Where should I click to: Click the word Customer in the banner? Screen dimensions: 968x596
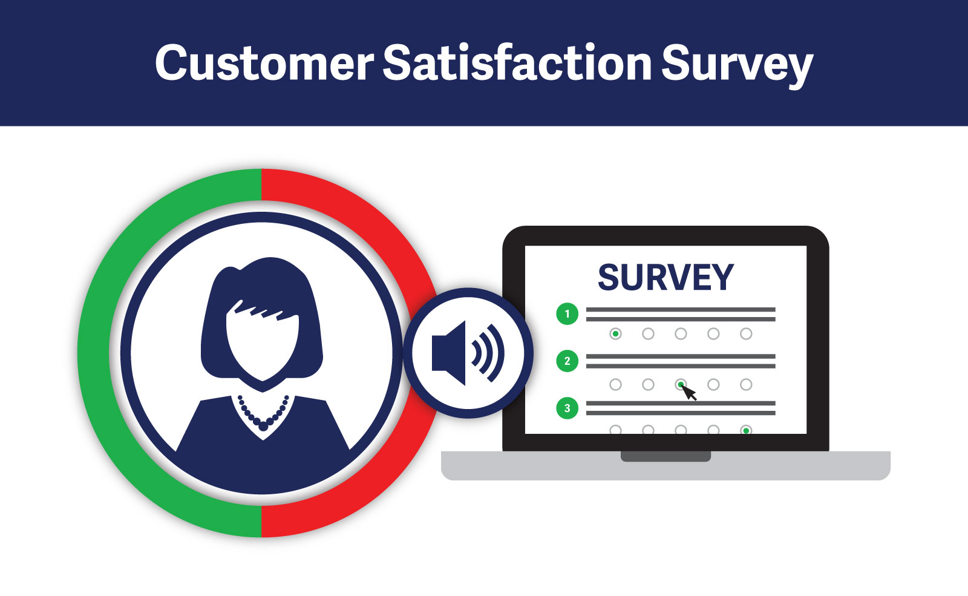[x=264, y=63]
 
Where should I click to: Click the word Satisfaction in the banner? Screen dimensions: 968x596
[x=517, y=62]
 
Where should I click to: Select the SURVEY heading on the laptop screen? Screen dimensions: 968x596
[x=665, y=277]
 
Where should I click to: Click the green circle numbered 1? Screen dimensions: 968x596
[x=567, y=314]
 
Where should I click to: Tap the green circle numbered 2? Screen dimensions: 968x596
[x=567, y=361]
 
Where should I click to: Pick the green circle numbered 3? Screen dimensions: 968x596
[x=567, y=408]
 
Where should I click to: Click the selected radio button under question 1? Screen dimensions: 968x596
[x=615, y=333]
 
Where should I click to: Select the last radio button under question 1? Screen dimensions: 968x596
[x=746, y=333]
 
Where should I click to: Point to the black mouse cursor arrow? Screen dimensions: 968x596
[x=689, y=393]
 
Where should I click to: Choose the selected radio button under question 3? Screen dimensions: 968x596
[x=746, y=430]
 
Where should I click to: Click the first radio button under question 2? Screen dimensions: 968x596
[x=615, y=384]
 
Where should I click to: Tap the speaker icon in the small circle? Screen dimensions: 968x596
[x=468, y=353]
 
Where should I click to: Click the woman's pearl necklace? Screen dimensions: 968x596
[x=263, y=414]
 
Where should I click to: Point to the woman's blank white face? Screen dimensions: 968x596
[x=263, y=341]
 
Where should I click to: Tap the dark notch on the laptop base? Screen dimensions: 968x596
[x=665, y=456]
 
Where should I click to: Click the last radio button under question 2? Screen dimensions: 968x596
[x=746, y=384]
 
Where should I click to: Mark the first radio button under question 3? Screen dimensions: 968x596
[x=615, y=430]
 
